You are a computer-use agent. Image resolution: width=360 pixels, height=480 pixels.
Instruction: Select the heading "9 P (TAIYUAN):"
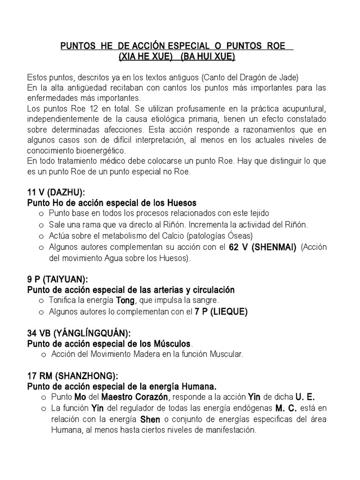click(x=57, y=280)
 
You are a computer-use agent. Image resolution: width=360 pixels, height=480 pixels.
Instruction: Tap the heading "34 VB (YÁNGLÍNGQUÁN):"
click(x=79, y=333)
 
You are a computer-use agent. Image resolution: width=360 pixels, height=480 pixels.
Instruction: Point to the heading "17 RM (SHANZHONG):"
click(x=73, y=376)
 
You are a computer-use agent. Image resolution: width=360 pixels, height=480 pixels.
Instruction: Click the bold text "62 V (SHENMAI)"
click(x=262, y=248)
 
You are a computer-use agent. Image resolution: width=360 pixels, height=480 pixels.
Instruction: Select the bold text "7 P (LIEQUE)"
click(x=221, y=312)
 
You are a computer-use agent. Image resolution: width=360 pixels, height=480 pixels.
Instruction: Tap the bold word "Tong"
click(x=124, y=300)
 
